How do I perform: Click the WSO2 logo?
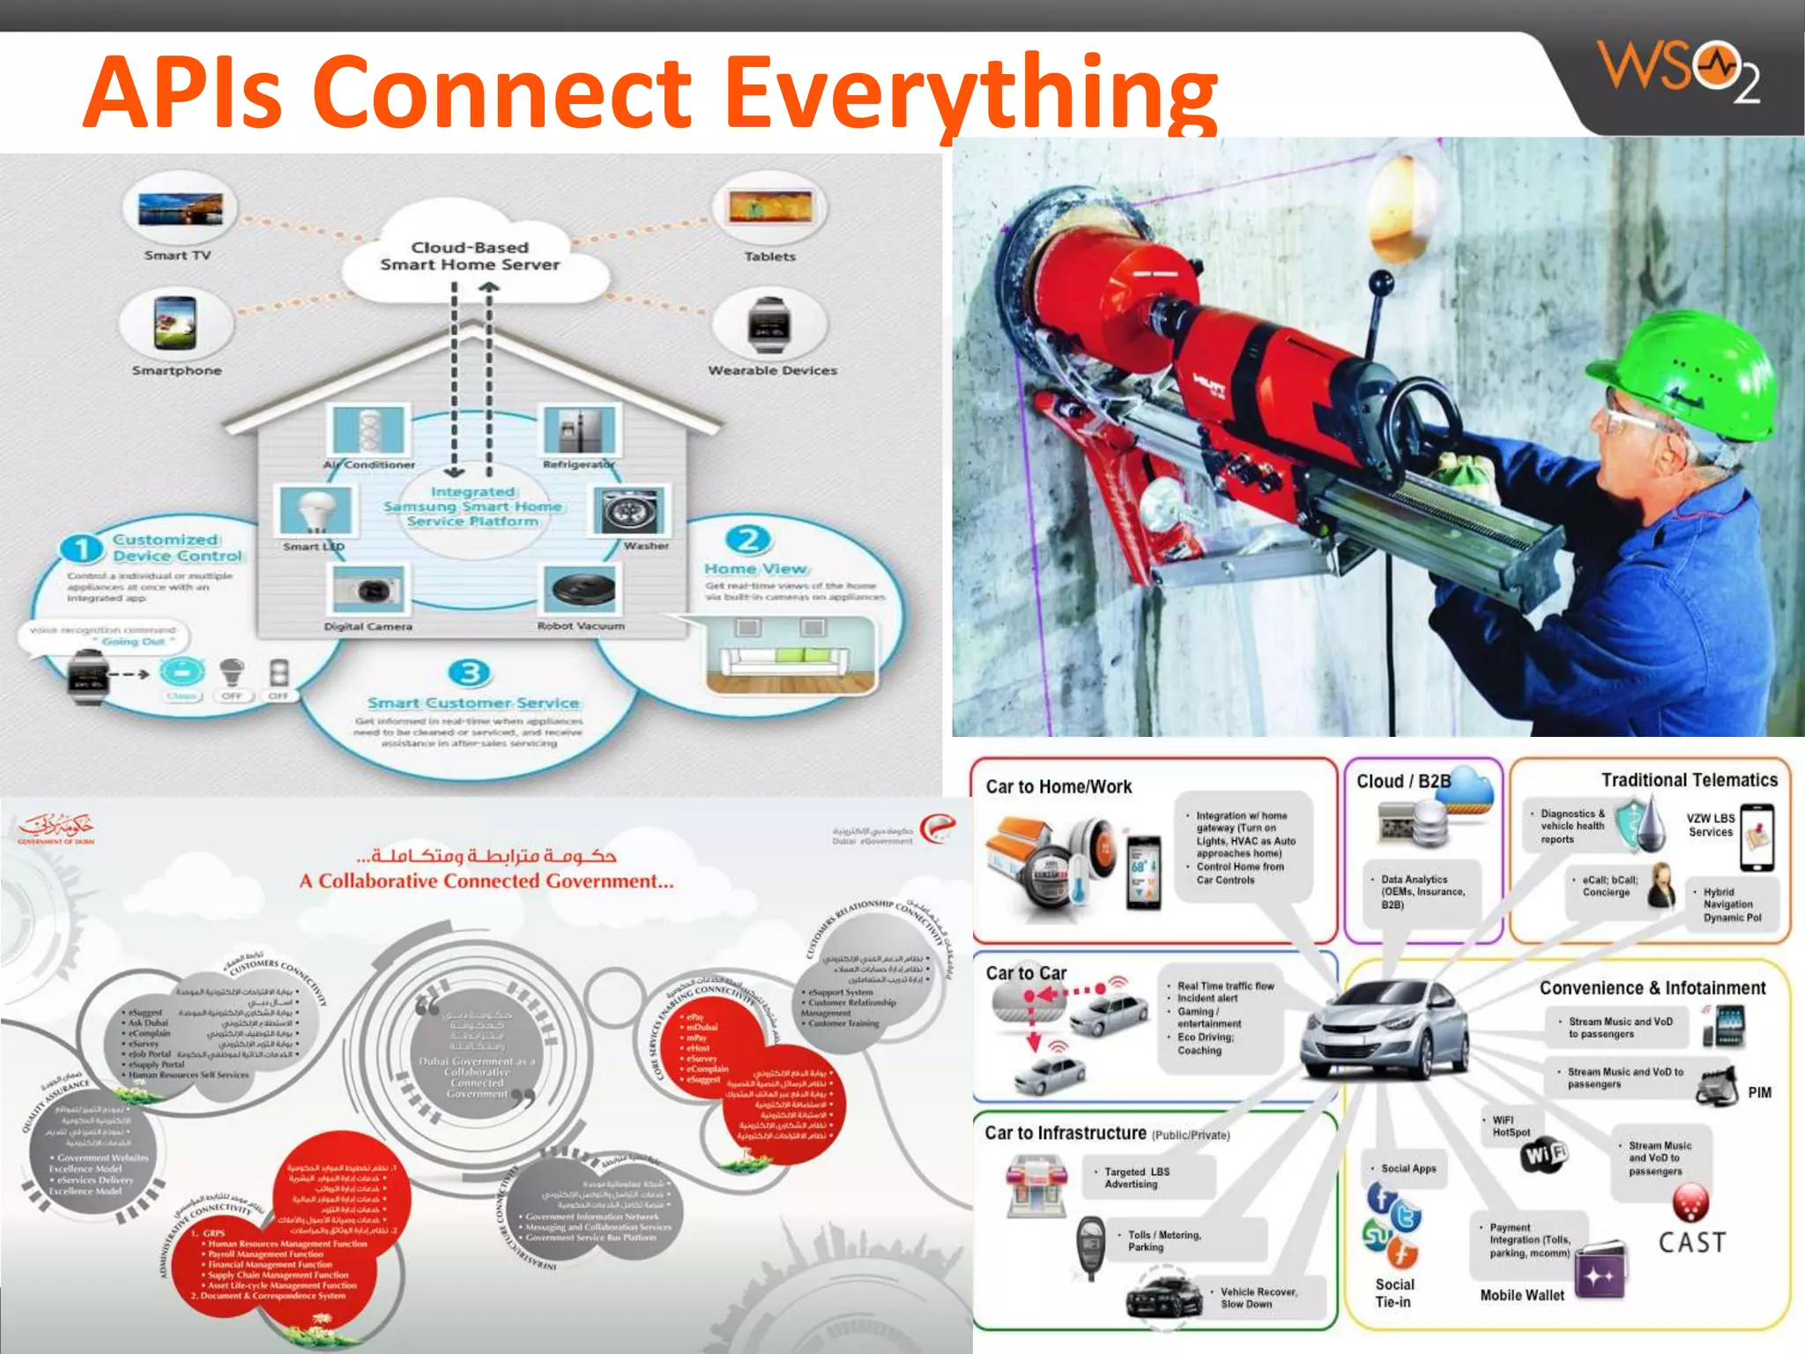point(1678,71)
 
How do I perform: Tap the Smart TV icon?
point(180,210)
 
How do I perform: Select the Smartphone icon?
point(176,323)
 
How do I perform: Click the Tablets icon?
point(769,208)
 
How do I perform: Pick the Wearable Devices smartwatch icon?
point(769,324)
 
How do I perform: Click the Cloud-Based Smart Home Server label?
point(470,256)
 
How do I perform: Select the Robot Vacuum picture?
point(582,590)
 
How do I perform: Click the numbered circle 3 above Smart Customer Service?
point(470,673)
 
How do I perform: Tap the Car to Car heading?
point(1026,973)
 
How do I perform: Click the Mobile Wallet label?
point(1522,1295)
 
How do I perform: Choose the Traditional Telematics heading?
point(1689,780)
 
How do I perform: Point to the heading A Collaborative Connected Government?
point(487,881)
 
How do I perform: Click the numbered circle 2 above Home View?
point(748,539)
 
